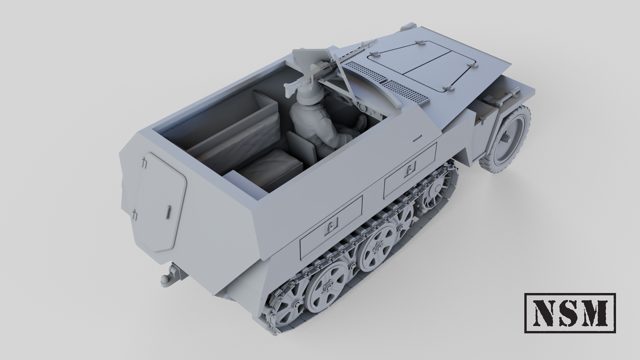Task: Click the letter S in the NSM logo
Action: point(570,313)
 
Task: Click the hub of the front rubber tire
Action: point(506,138)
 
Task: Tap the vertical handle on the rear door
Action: point(168,212)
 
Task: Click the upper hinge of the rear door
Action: point(145,163)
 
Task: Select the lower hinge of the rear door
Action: point(135,215)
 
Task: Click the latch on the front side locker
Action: point(411,168)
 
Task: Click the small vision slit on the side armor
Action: point(417,139)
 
